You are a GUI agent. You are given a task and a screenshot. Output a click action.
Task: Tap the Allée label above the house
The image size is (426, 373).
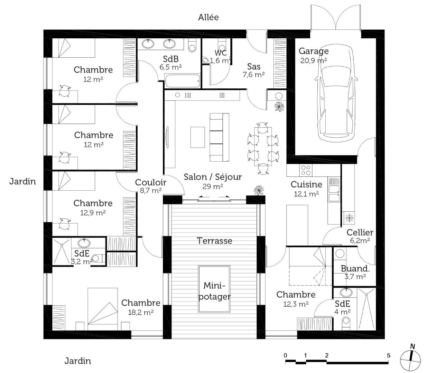coord(208,17)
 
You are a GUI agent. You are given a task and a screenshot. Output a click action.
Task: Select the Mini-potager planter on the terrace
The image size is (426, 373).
coord(214,289)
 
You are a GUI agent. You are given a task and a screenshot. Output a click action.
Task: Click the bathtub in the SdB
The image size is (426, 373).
coord(183,81)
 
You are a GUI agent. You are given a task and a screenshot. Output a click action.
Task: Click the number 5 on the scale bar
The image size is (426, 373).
coord(388,355)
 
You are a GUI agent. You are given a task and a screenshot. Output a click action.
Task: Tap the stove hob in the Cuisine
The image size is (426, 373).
coord(306,170)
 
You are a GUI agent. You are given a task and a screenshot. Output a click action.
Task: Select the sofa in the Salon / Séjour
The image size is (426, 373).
coord(219,137)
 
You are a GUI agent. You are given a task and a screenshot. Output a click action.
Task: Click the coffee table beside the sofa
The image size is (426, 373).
coord(197,137)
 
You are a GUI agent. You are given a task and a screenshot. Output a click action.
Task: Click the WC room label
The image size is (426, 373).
coord(221,53)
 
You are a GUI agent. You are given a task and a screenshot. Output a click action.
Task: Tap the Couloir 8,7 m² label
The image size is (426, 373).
coord(150,186)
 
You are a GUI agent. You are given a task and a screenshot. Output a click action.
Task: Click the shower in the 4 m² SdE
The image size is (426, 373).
coord(366,309)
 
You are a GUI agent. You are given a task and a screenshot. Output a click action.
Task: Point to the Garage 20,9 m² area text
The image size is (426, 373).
coord(314,56)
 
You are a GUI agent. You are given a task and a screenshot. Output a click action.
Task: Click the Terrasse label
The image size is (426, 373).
coord(214,241)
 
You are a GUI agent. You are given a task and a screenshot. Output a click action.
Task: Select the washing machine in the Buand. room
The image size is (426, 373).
coord(340,254)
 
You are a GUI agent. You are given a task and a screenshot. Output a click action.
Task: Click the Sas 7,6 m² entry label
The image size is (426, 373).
coord(253,70)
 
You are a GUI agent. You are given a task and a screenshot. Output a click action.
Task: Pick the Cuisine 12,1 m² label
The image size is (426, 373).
coord(306,189)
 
